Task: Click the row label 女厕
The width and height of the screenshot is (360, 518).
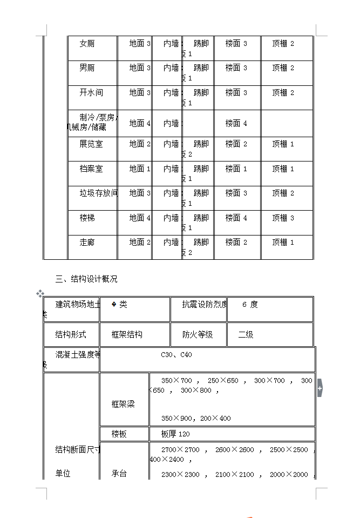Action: tap(87, 44)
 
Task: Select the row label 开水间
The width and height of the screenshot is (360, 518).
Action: tap(91, 93)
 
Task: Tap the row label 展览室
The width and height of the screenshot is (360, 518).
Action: tap(91, 144)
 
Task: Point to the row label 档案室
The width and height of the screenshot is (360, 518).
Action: tap(91, 169)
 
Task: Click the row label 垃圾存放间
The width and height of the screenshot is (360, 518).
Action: tap(98, 193)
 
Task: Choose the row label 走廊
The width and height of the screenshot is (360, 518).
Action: tap(87, 243)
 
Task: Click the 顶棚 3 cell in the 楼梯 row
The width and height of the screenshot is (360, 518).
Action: tap(283, 218)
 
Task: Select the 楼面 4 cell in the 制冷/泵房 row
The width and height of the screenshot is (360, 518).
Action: tap(236, 124)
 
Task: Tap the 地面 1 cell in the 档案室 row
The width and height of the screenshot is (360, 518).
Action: tap(140, 169)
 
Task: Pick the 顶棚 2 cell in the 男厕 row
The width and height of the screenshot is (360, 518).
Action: tap(283, 68)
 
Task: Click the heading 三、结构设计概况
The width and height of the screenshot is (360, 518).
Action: tap(86, 279)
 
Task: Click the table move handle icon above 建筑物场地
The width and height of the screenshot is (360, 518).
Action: tap(40, 293)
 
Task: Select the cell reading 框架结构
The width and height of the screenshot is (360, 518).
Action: tap(127, 335)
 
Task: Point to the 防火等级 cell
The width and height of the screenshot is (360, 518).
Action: tap(198, 335)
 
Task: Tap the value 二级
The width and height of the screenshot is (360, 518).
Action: tap(246, 335)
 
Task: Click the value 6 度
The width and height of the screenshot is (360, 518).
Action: tap(250, 305)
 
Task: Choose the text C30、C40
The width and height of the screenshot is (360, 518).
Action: tap(176, 355)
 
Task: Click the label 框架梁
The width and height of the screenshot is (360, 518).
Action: tap(123, 405)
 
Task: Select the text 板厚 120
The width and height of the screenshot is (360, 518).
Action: tap(175, 434)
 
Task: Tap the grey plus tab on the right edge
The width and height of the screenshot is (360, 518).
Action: tap(320, 388)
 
